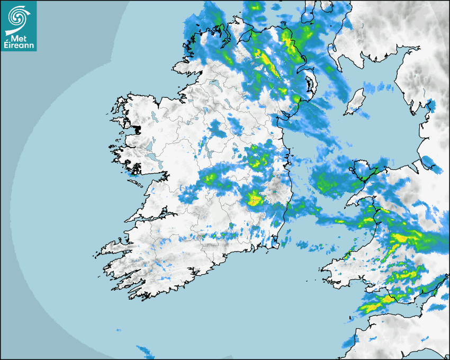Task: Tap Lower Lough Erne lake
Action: click(x=215, y=83)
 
